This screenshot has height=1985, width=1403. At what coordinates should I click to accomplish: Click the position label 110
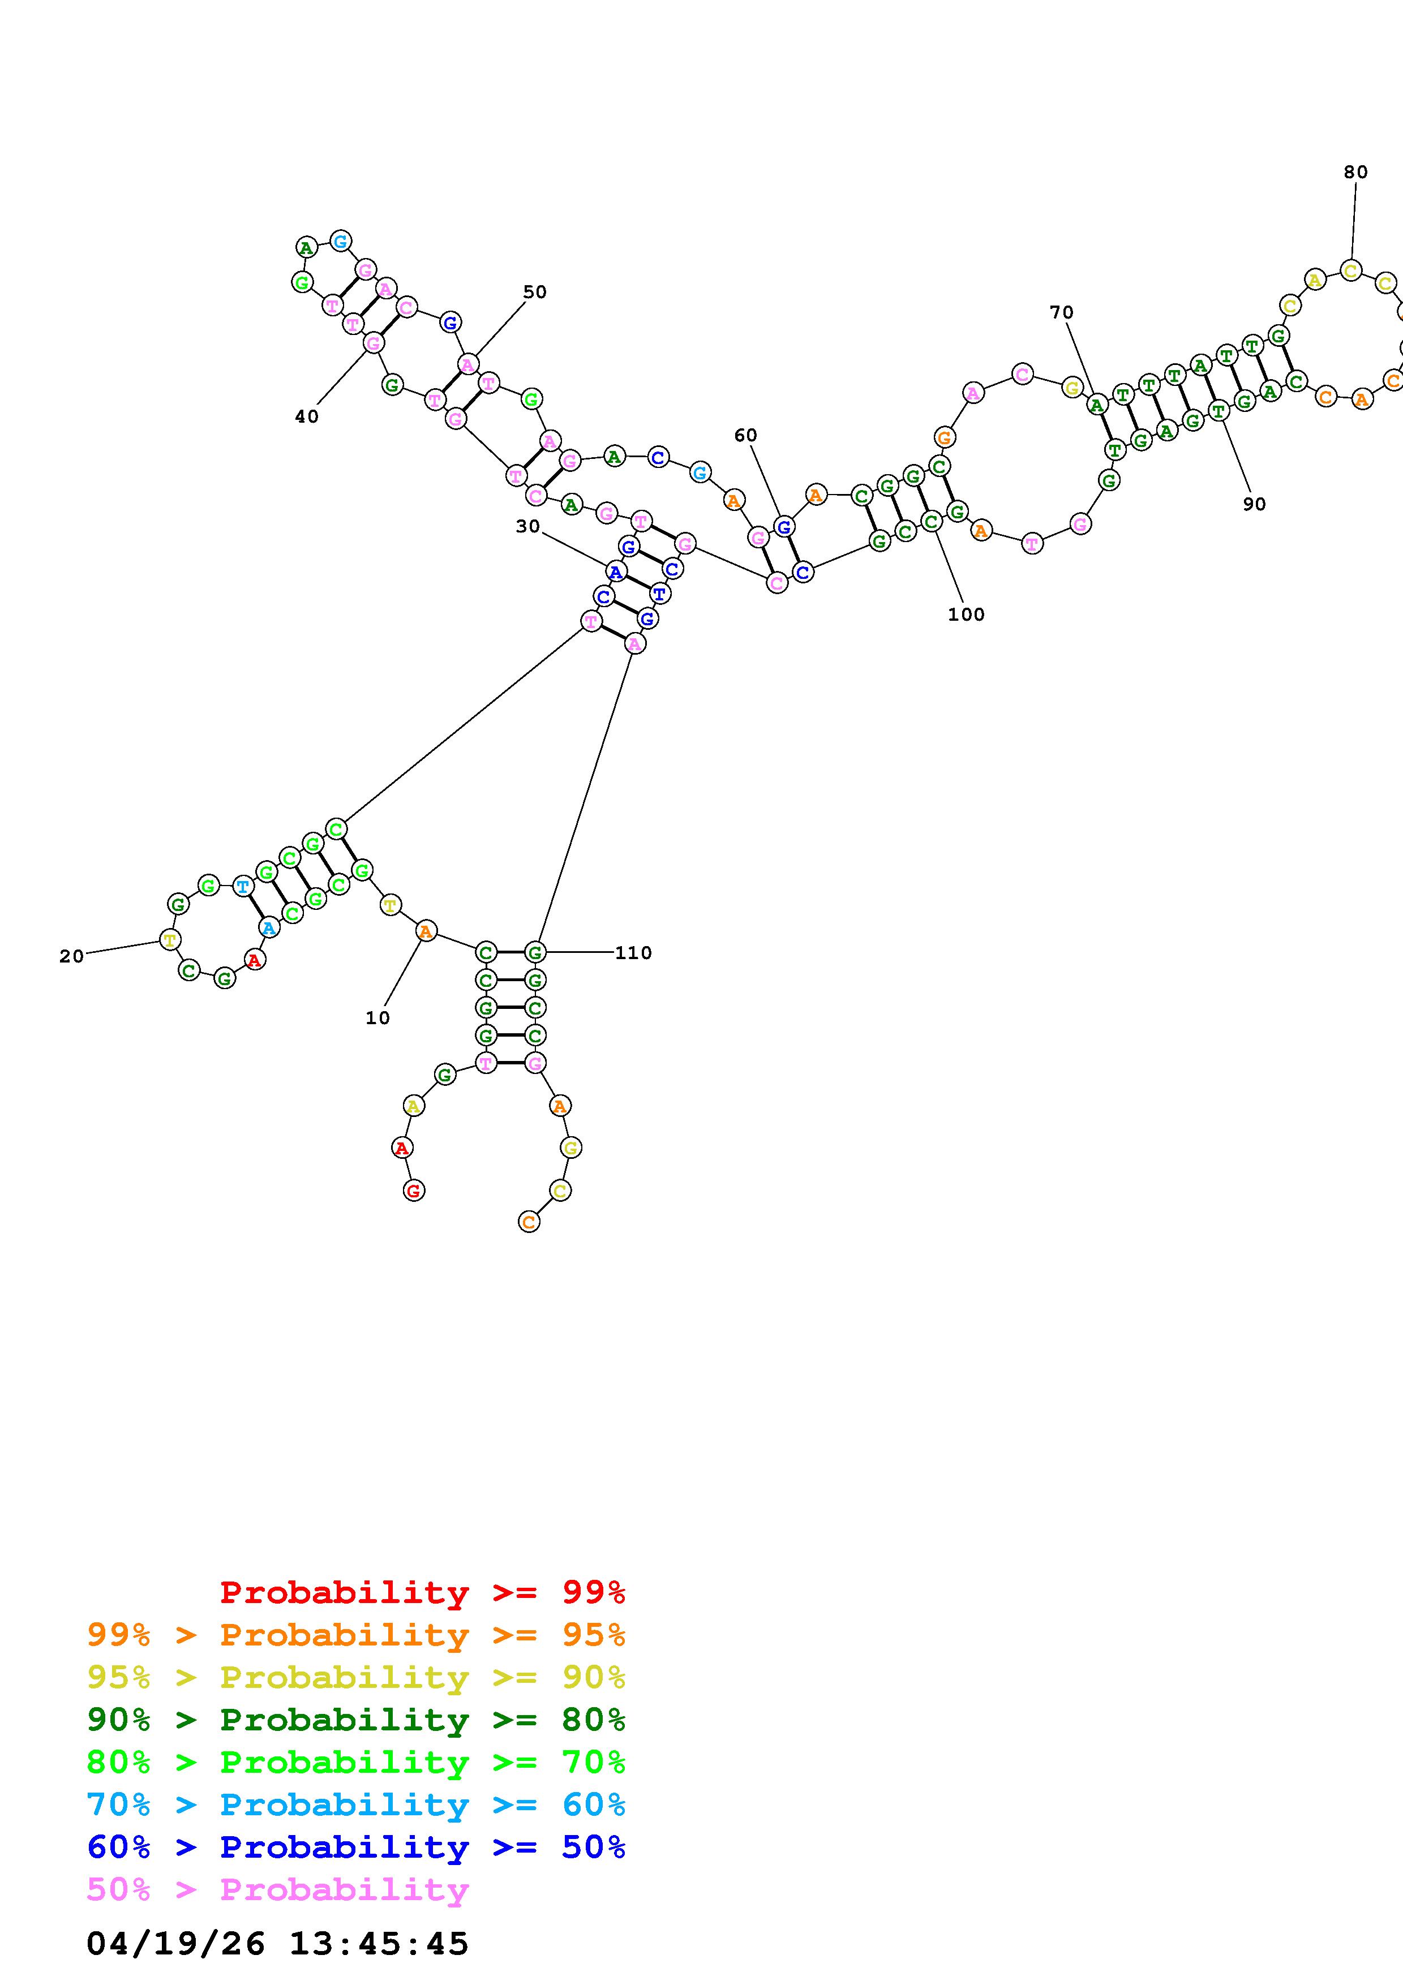pyautogui.click(x=633, y=953)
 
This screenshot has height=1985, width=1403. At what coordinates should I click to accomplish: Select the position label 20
pyautogui.click(x=72, y=956)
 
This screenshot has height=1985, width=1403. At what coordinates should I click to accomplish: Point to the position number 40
pyautogui.click(x=307, y=416)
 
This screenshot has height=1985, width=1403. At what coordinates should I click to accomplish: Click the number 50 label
pyautogui.click(x=535, y=292)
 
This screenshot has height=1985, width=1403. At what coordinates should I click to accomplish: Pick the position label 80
pyautogui.click(x=1355, y=172)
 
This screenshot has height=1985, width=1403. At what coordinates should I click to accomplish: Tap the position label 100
pyautogui.click(x=966, y=615)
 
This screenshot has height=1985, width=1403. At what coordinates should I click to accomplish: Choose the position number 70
pyautogui.click(x=1062, y=312)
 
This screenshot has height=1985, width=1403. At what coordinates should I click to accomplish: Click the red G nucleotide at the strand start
pyautogui.click(x=414, y=1191)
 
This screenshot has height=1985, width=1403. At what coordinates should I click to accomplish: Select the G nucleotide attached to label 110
pyautogui.click(x=535, y=953)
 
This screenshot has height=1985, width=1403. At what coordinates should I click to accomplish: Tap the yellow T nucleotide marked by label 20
pyautogui.click(x=170, y=940)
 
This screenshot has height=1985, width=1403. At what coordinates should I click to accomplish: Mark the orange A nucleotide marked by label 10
pyautogui.click(x=425, y=931)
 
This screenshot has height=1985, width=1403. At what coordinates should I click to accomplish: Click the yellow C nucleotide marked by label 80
pyautogui.click(x=1351, y=270)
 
